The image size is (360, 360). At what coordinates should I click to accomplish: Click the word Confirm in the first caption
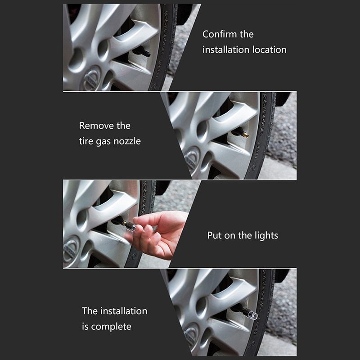point(220,34)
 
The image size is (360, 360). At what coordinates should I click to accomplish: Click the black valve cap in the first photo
point(142,51)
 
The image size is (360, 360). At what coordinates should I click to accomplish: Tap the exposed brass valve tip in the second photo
point(246,134)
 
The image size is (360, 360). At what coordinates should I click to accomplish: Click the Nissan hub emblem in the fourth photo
point(191,334)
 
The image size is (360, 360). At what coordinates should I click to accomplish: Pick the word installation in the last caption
point(124,311)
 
